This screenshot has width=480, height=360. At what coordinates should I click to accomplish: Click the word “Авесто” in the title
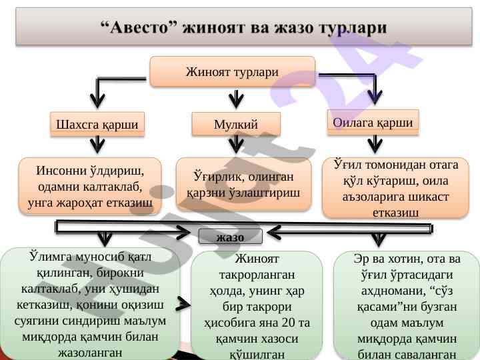(141, 29)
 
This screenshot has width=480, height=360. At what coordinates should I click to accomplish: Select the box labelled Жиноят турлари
(232, 71)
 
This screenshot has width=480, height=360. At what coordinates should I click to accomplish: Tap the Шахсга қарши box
(98, 124)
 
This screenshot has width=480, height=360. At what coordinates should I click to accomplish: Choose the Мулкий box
(236, 125)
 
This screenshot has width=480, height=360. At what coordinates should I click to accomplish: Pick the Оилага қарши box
(377, 122)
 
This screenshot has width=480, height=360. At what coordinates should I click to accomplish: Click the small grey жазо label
(231, 237)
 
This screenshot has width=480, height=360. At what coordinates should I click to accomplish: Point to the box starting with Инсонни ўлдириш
(91, 186)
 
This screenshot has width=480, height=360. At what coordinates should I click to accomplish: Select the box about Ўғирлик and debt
(244, 184)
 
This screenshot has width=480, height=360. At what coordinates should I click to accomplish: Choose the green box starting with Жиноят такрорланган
(257, 305)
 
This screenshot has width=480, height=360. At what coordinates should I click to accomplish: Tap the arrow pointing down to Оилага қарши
(376, 93)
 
